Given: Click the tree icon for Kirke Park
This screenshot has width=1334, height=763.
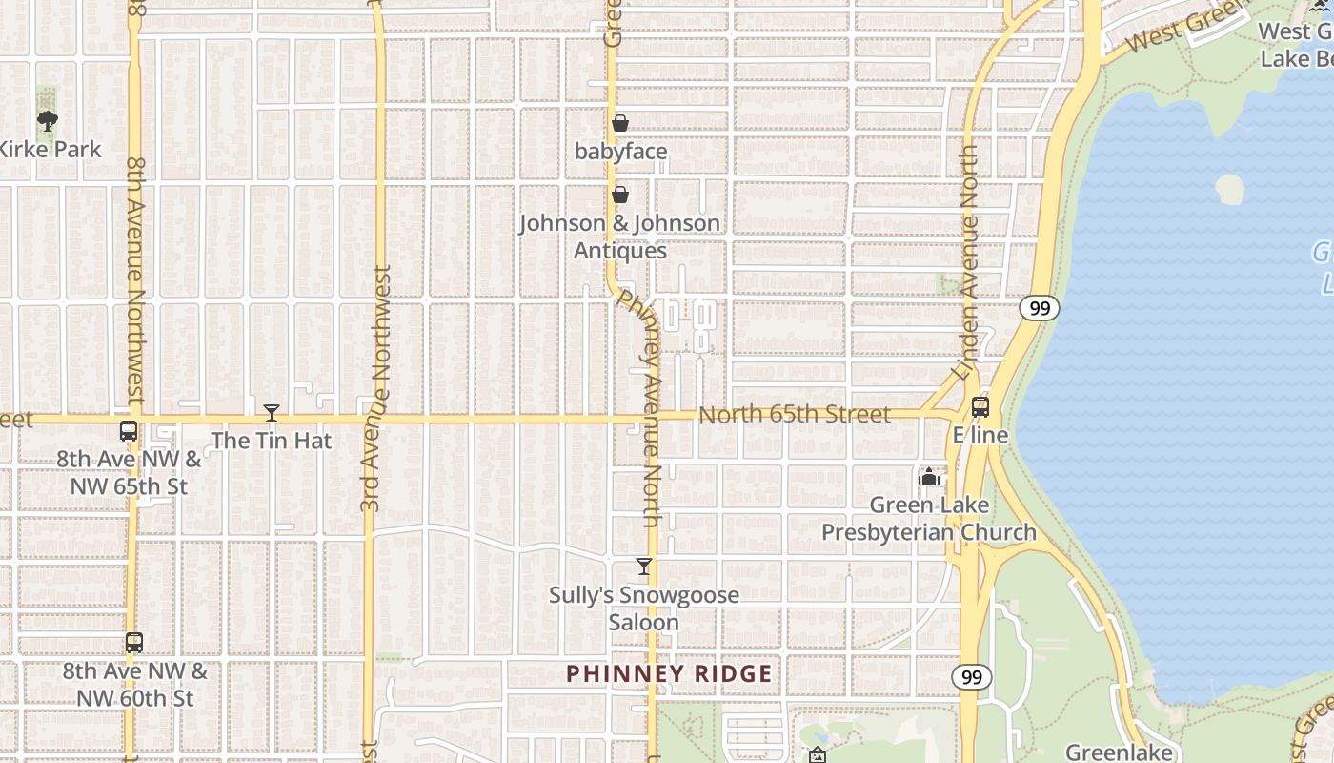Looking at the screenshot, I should (47, 120).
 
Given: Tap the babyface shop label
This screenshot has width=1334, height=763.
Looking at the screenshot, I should (621, 152).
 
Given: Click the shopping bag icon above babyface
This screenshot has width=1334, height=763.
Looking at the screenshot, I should (620, 123).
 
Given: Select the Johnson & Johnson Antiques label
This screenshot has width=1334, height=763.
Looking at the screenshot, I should (619, 237).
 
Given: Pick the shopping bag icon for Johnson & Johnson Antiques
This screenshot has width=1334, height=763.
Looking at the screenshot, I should (620, 195).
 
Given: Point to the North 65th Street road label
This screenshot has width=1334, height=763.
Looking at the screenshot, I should (795, 415).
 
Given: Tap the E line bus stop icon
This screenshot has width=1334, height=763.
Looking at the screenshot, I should (980, 407).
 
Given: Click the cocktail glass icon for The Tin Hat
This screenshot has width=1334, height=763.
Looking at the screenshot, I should (272, 413).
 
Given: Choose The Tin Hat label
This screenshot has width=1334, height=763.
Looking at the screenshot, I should (272, 441).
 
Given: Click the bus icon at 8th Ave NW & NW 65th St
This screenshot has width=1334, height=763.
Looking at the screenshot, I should (129, 431).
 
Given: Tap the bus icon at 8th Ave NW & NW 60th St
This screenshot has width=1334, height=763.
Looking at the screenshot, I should (134, 643).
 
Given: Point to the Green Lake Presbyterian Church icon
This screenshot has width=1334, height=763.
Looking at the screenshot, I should (929, 477).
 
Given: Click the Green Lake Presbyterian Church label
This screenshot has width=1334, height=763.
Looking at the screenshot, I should (929, 519).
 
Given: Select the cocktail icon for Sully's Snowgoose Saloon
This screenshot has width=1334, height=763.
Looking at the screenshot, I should (644, 567).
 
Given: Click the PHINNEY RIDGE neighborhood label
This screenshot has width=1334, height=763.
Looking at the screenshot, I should (669, 674).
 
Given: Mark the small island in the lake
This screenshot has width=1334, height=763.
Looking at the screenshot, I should (1229, 188).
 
